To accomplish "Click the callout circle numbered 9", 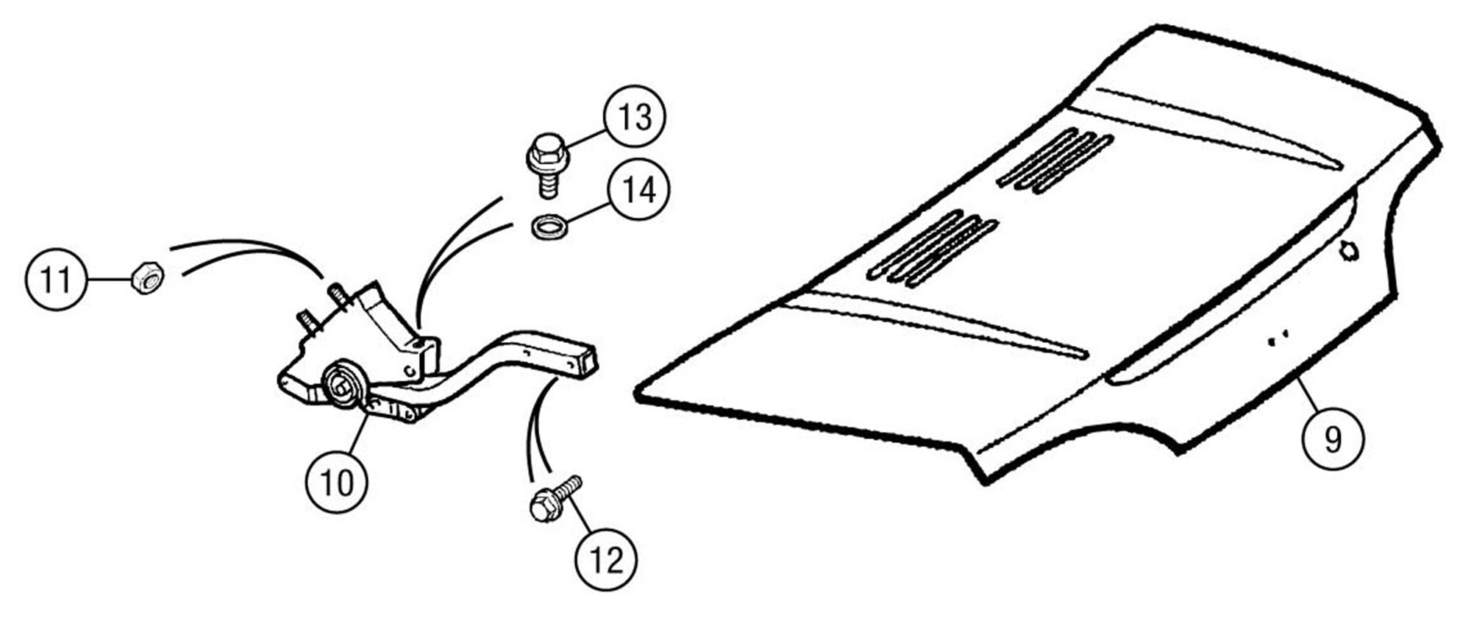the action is (x=1333, y=439).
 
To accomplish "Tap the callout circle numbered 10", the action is (x=337, y=482).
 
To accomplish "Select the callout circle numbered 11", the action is (x=57, y=280).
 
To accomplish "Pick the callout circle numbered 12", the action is (x=606, y=560).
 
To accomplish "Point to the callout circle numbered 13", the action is (x=634, y=116).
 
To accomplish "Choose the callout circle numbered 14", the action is (x=638, y=190).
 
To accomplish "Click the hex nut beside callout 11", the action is (x=147, y=277).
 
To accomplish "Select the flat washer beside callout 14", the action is (x=548, y=227).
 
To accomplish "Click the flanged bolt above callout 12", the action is (x=555, y=499).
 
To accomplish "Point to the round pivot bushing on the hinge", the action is (x=343, y=383).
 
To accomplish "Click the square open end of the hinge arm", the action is (x=585, y=362).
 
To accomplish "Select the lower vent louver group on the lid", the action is (x=933, y=249).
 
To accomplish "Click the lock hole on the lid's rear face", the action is (x=1349, y=251).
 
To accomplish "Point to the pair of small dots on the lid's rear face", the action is (x=1277, y=338).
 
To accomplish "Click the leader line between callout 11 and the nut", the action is (x=110, y=280).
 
